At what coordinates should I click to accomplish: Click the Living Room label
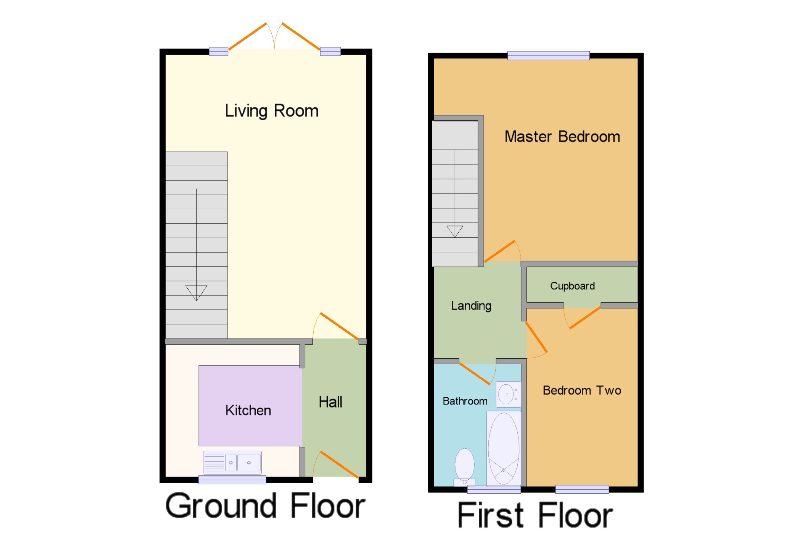(271, 111)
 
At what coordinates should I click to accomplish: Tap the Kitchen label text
(248, 410)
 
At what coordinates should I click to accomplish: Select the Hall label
(330, 402)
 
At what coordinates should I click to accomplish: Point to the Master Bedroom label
(562, 137)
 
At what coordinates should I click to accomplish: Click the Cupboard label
(572, 286)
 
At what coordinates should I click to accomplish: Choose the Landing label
(471, 306)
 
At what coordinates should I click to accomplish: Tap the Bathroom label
(465, 401)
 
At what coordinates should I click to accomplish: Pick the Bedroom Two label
(582, 390)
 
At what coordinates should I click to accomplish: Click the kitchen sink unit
(232, 463)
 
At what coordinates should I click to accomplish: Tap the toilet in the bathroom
(465, 467)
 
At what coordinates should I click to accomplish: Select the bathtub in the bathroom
(504, 448)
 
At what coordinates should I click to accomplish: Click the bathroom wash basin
(508, 394)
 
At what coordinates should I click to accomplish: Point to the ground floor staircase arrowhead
(196, 293)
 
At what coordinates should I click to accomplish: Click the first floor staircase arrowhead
(455, 231)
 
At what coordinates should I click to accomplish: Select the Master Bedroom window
(548, 55)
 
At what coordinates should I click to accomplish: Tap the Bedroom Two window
(582, 489)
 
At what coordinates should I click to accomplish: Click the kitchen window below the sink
(232, 480)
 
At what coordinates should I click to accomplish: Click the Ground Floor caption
(265, 506)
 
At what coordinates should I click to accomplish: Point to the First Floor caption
(535, 515)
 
